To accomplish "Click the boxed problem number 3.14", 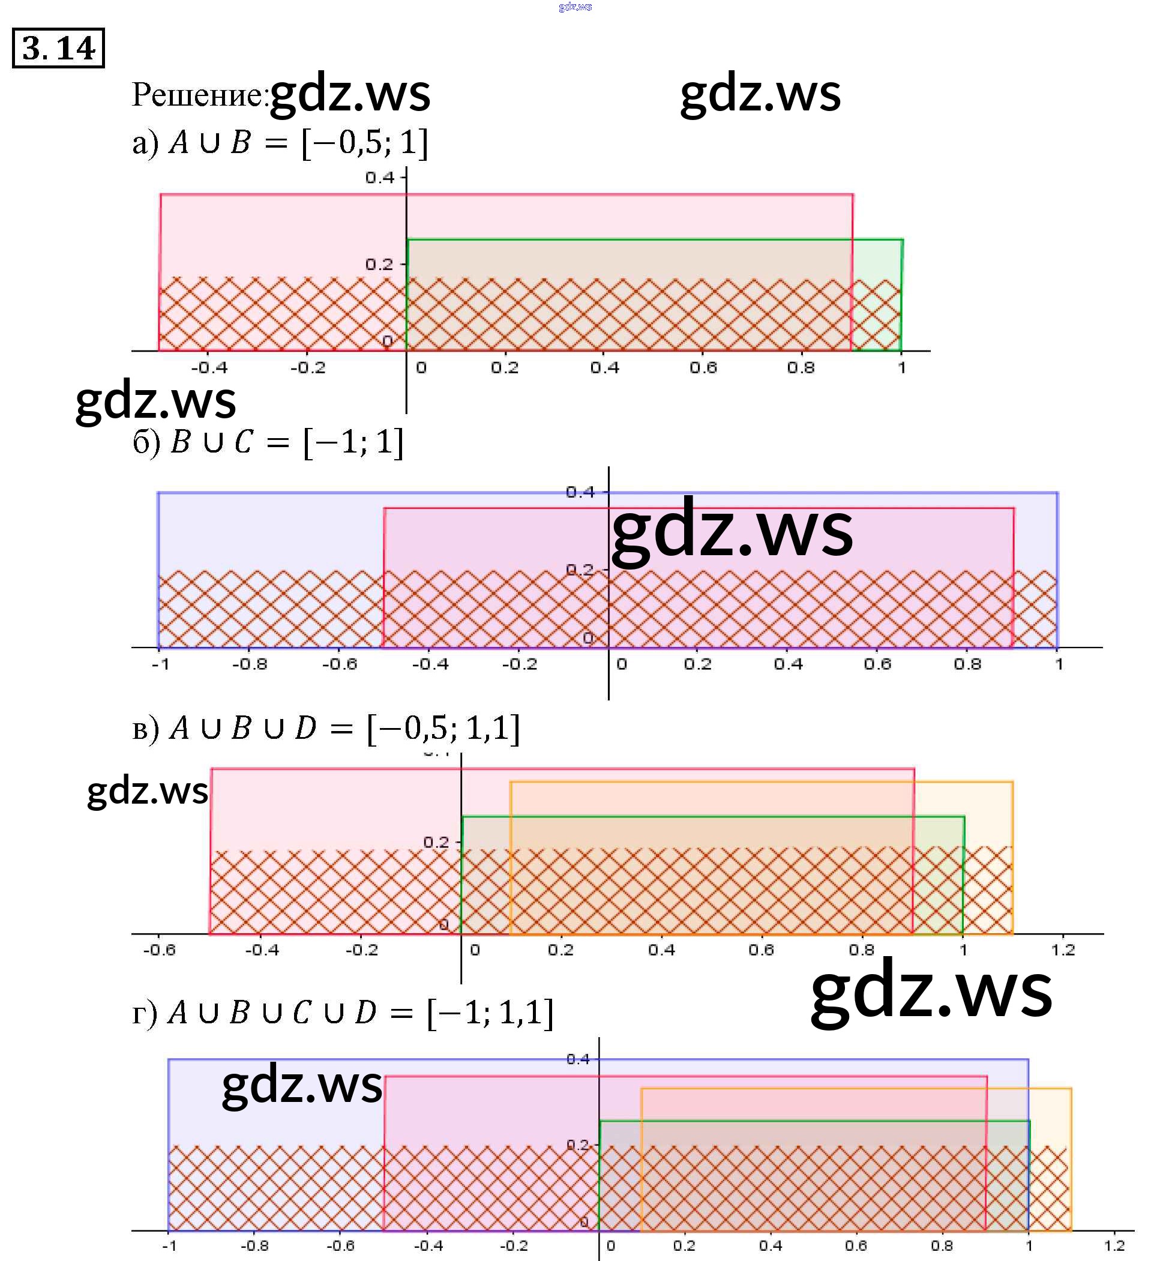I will tap(58, 48).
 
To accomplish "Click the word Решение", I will tap(199, 95).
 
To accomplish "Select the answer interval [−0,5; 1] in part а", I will tap(365, 143).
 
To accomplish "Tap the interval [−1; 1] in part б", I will tap(353, 442).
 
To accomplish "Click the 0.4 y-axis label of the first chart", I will tap(380, 178).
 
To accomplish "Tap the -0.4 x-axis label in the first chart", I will tap(209, 368).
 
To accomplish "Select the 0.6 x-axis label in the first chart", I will tap(703, 368).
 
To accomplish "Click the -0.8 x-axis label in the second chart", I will tap(250, 664).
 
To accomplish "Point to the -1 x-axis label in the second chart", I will tap(161, 664).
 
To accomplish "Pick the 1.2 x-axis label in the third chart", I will tap(1063, 950).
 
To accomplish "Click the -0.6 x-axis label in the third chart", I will tap(160, 950).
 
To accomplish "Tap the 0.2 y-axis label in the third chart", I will tap(436, 842).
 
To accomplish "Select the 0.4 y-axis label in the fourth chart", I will tap(578, 1059).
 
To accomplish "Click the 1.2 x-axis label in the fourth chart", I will tap(1115, 1245).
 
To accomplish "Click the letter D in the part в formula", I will tap(306, 728).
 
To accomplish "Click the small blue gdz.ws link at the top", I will tap(575, 7).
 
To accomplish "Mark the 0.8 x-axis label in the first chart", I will tap(801, 368).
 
